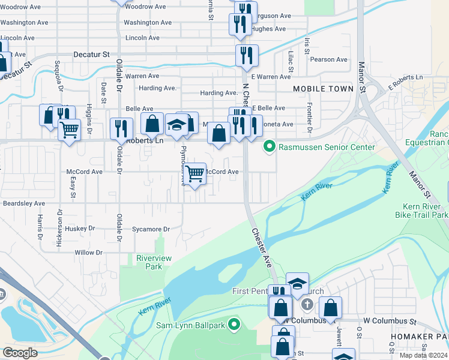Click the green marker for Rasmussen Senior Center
(270, 146)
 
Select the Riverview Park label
(154, 262)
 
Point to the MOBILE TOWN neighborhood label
(323, 89)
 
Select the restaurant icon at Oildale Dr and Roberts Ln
(121, 128)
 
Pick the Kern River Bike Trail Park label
(421, 210)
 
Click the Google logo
(20, 352)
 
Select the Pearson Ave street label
(328, 60)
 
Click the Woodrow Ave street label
(145, 7)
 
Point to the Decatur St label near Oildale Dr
(91, 54)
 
